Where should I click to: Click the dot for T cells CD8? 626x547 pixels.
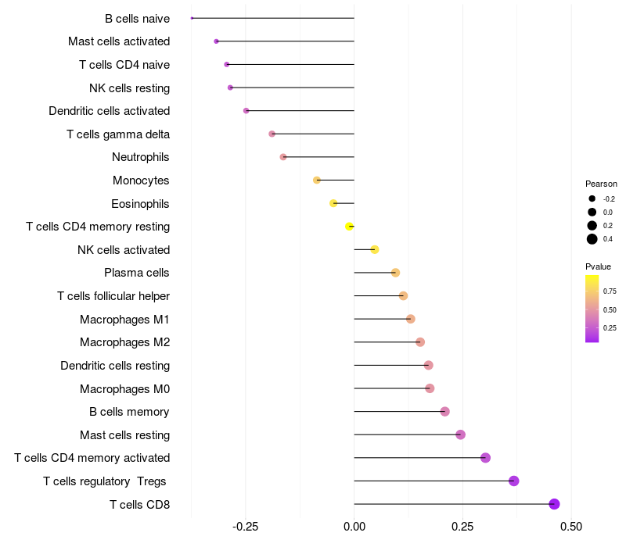(x=554, y=504)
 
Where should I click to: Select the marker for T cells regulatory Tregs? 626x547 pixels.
(x=514, y=481)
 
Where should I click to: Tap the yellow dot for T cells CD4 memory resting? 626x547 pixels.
(x=349, y=227)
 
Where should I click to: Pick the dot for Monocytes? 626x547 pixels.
(x=317, y=181)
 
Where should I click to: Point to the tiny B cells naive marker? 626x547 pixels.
(x=192, y=18)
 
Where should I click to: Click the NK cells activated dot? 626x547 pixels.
(x=375, y=249)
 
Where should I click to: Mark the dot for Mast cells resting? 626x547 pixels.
(x=460, y=434)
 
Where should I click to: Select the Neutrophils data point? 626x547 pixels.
(x=283, y=157)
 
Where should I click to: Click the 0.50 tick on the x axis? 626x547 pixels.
(x=571, y=527)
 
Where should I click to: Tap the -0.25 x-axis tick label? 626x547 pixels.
(x=245, y=527)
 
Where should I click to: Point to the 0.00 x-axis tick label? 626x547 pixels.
(x=354, y=527)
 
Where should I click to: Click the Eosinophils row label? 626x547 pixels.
(x=140, y=204)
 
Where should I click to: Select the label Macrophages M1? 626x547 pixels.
(x=124, y=320)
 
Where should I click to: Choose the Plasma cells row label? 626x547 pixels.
(x=136, y=273)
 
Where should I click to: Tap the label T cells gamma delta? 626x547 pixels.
(x=118, y=134)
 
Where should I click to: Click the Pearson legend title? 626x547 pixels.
(x=601, y=184)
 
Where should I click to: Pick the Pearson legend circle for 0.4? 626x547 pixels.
(x=592, y=239)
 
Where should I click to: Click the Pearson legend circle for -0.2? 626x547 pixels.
(x=592, y=198)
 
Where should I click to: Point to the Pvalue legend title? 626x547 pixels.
(x=598, y=266)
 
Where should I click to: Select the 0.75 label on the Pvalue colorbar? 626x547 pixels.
(x=610, y=291)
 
